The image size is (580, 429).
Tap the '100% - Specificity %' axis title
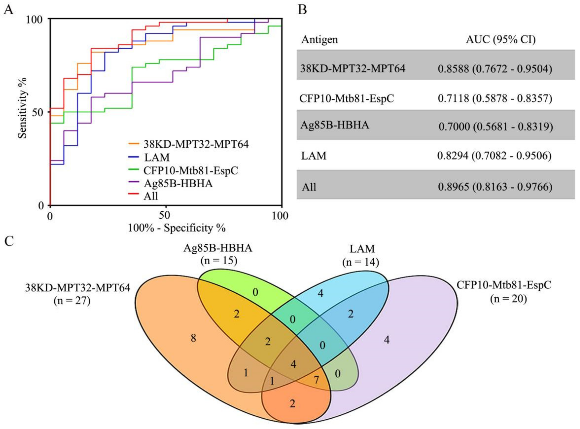177,228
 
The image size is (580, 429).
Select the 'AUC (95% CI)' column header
501,40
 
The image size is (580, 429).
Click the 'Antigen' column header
320,40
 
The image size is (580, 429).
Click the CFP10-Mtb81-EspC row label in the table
347,99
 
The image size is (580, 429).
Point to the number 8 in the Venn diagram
193,338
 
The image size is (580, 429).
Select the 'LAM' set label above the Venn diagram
362,249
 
